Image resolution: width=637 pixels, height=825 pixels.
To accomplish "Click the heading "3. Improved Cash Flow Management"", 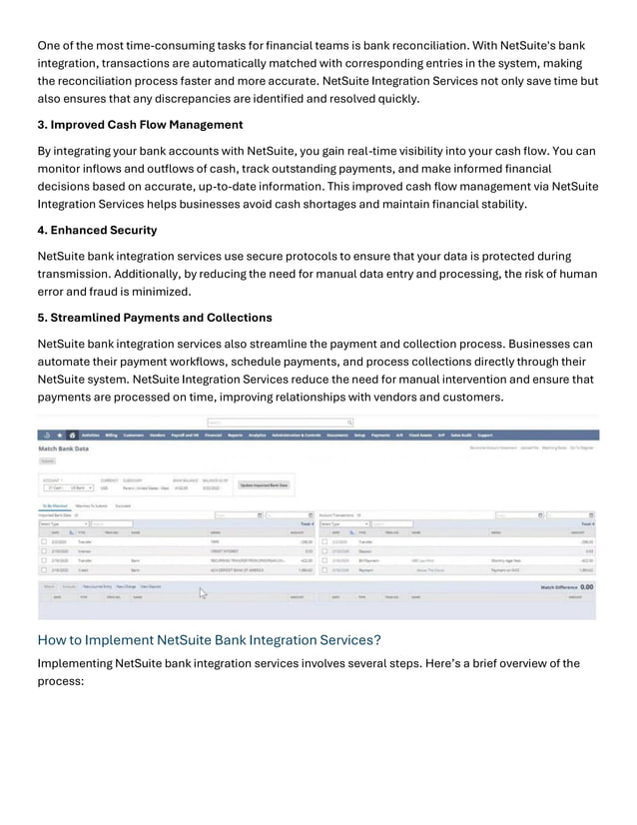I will coord(140,125).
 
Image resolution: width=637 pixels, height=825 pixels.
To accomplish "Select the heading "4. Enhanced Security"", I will coord(97,230).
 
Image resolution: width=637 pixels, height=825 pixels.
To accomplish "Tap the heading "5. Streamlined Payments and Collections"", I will coord(154,318).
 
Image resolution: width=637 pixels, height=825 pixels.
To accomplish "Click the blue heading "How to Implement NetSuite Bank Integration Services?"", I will coord(208,640).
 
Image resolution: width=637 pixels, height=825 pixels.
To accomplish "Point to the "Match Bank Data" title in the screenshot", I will coord(62,450).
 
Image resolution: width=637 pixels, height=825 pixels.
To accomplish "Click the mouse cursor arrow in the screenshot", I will coord(203,593).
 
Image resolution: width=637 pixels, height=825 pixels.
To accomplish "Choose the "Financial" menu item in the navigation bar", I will coord(214,435).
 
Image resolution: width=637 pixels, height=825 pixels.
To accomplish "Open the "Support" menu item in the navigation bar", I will coord(485,435).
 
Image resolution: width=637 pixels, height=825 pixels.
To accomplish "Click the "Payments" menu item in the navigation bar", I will coord(380,435).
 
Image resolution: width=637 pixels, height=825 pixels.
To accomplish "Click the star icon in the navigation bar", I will coord(59,435).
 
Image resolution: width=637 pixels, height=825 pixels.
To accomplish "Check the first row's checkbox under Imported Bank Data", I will coord(43,540).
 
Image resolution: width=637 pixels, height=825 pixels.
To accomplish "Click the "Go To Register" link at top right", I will coord(584,448).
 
